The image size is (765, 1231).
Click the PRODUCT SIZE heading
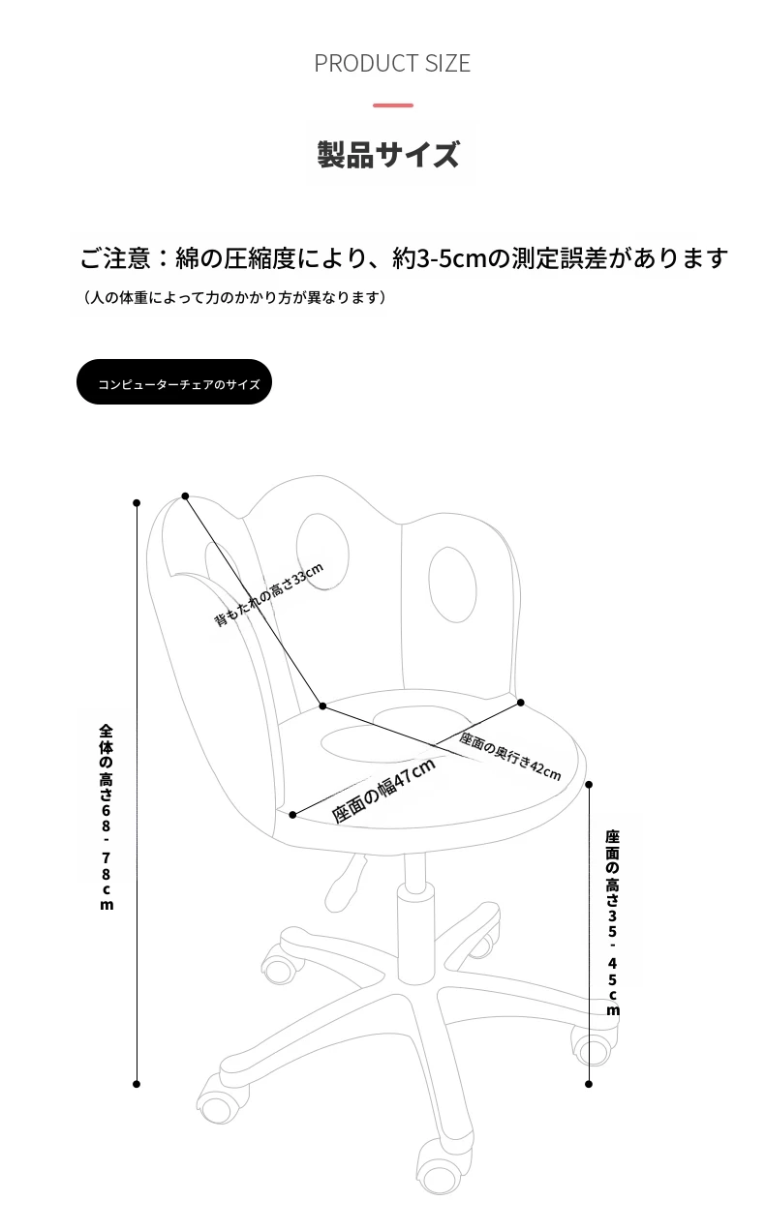392,63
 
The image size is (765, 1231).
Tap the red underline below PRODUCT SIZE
393,105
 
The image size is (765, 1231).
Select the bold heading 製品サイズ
388,155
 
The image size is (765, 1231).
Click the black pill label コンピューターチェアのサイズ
173,382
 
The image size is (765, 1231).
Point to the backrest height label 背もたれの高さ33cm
268,594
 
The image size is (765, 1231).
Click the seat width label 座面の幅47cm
383,791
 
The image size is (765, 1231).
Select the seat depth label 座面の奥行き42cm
509,757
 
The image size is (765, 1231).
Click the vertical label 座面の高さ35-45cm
613,923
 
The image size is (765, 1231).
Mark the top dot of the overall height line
137,503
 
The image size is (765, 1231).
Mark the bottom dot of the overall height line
137,1084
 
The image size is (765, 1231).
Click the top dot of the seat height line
589,785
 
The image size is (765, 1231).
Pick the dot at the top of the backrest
185,496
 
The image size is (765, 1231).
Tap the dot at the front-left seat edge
292,815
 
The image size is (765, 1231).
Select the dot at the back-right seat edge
521,703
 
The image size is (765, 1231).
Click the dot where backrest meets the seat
322,706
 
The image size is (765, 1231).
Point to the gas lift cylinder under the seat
414,923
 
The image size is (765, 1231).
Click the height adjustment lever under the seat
345,885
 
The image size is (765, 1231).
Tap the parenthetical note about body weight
234,298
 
